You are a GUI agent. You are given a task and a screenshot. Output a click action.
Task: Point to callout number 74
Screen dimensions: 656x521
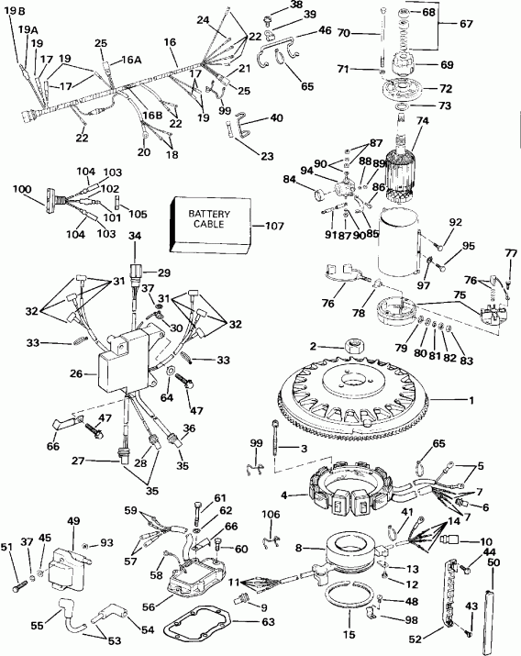click(x=423, y=120)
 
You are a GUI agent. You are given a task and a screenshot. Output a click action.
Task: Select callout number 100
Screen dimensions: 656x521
click(x=21, y=189)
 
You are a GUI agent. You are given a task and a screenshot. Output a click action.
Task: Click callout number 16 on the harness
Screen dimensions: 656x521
click(x=170, y=42)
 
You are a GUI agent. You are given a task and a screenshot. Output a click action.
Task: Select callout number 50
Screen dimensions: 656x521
click(x=493, y=561)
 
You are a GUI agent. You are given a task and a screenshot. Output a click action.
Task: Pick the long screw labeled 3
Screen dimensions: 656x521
click(x=275, y=436)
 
